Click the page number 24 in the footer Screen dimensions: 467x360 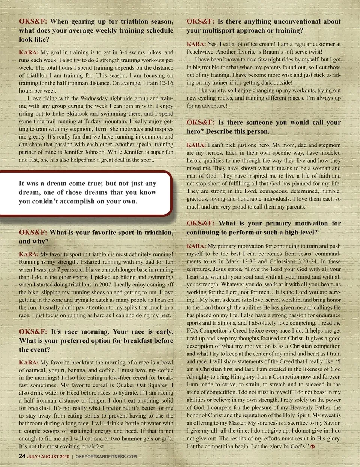(22, 456)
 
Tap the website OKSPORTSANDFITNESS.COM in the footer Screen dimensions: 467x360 (106, 457)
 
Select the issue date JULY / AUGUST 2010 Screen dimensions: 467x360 (48, 457)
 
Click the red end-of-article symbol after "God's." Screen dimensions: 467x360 (313, 446)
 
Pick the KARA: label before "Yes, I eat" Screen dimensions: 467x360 (196, 44)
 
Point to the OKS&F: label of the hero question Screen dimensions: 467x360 (200, 122)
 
